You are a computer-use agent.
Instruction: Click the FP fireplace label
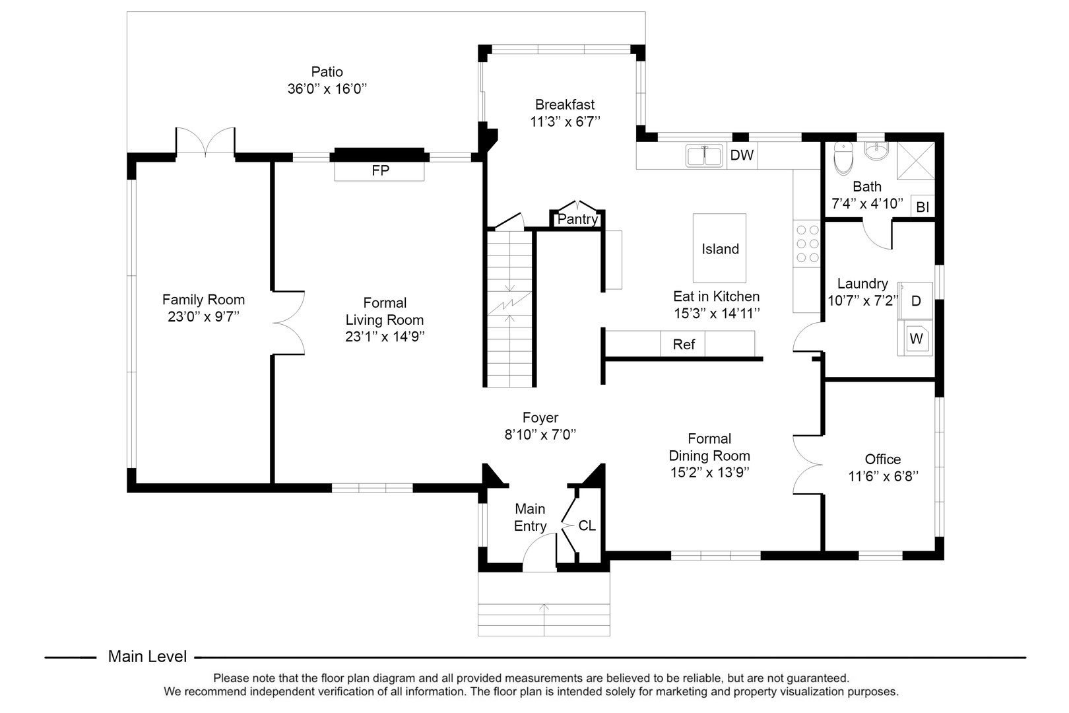point(380,170)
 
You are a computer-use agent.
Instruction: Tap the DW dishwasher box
point(742,156)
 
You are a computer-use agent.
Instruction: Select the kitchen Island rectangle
point(719,248)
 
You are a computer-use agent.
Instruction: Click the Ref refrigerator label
point(683,344)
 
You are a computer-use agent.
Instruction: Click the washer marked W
point(916,339)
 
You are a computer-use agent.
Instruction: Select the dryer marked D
point(916,301)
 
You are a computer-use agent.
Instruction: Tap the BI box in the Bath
point(923,207)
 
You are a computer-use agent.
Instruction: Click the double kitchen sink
point(704,156)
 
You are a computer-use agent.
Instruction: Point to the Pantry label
point(577,219)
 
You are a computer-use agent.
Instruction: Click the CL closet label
point(587,526)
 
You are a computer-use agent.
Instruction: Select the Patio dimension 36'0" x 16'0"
point(327,88)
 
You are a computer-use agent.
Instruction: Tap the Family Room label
point(203,299)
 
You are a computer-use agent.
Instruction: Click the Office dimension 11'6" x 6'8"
point(883,475)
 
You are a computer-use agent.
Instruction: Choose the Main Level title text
point(147,656)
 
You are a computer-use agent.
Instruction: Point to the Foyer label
point(540,417)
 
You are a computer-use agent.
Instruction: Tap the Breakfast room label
point(564,104)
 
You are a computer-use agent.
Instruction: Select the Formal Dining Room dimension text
point(709,472)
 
